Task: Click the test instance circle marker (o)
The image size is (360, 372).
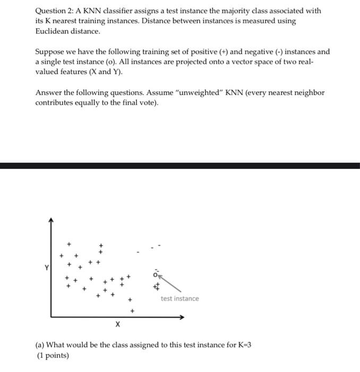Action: [x=156, y=275]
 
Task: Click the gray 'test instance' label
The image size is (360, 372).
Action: [x=179, y=299]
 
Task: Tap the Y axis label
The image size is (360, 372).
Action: [x=46, y=268]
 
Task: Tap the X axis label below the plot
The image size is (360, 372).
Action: [x=117, y=324]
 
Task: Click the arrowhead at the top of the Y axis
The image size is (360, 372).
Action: [x=51, y=219]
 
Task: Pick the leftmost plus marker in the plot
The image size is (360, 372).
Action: [x=61, y=255]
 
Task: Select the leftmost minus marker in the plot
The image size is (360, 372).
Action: [x=138, y=252]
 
